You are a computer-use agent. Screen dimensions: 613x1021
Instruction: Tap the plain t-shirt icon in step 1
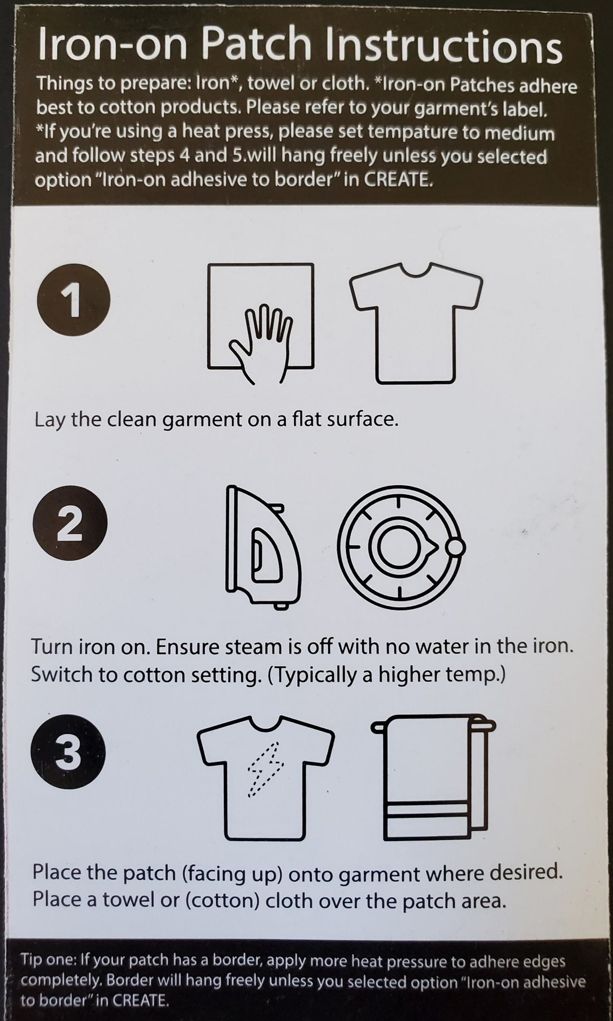click(x=416, y=323)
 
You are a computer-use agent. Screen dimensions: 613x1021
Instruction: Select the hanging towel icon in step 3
click(x=434, y=777)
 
